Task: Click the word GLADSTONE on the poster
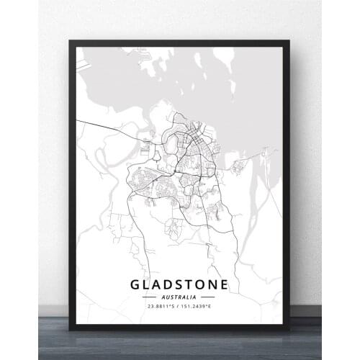click(179, 284)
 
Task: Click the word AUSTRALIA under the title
click(179, 297)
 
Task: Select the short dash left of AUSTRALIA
click(149, 297)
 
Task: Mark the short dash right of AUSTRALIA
click(208, 297)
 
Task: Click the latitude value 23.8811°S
click(163, 307)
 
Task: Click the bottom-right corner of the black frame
click(289, 329)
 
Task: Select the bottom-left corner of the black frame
click(70, 329)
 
